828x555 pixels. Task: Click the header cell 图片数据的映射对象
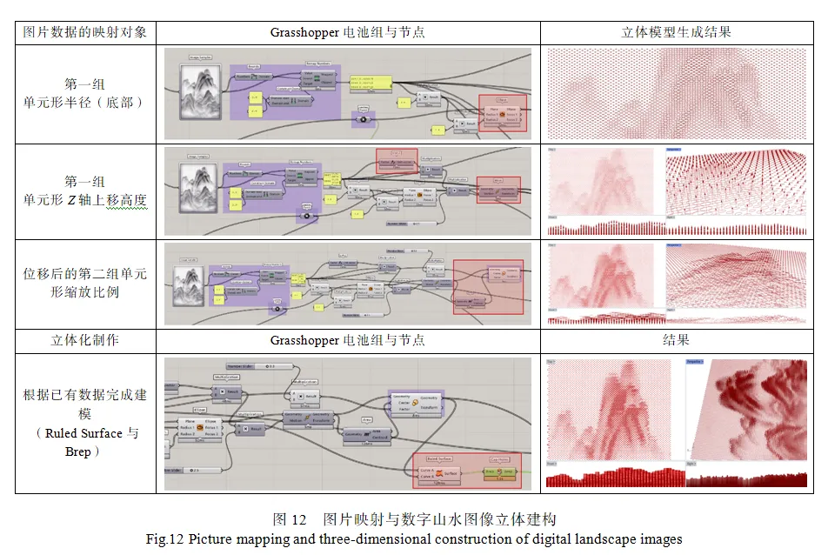pos(85,32)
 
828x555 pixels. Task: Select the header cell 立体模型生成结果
pos(676,32)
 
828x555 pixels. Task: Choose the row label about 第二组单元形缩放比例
pos(85,283)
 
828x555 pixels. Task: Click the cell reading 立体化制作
pos(85,340)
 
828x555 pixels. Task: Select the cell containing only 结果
pos(676,340)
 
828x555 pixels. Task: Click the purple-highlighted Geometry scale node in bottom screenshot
pos(416,405)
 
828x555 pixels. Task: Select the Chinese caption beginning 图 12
pos(413,519)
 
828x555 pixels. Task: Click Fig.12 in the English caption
pos(165,538)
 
